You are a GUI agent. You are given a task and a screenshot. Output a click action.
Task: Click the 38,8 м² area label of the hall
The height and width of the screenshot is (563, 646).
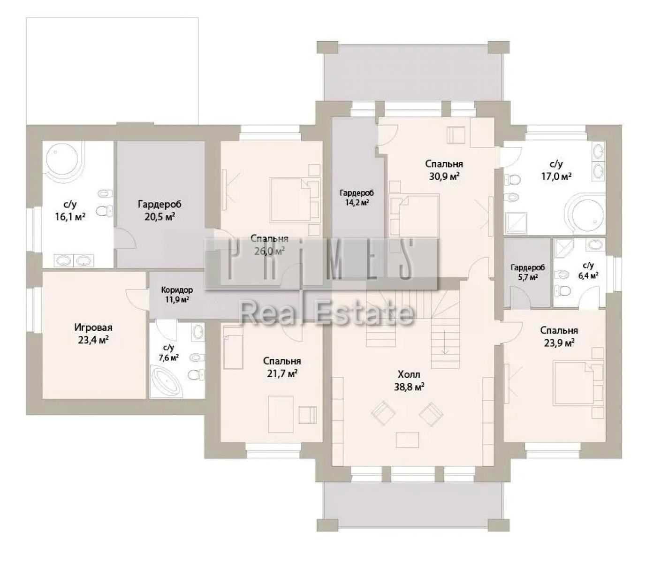[x=409, y=387]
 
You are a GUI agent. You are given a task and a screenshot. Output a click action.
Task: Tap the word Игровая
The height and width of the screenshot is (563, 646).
[x=93, y=327]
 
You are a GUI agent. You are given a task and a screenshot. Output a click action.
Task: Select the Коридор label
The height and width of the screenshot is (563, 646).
[x=177, y=290]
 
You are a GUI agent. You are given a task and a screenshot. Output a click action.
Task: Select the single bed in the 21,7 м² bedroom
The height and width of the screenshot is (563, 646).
[x=233, y=347]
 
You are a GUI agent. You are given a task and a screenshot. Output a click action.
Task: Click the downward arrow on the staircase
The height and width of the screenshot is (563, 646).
[x=445, y=342]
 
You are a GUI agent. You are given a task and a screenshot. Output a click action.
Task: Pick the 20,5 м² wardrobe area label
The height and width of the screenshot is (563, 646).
[x=160, y=217]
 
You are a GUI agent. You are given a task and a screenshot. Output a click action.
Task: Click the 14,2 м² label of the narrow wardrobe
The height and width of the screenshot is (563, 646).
[x=357, y=203]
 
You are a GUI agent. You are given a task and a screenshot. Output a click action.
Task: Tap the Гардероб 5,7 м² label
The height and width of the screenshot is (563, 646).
[x=528, y=272]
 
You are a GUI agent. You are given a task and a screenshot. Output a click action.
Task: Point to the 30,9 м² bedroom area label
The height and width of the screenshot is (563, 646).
[x=444, y=176]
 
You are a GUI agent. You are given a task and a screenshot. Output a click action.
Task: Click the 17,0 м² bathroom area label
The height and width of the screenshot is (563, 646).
[x=556, y=176]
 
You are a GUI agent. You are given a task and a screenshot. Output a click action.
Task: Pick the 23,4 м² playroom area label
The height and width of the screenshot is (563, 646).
[x=93, y=340]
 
